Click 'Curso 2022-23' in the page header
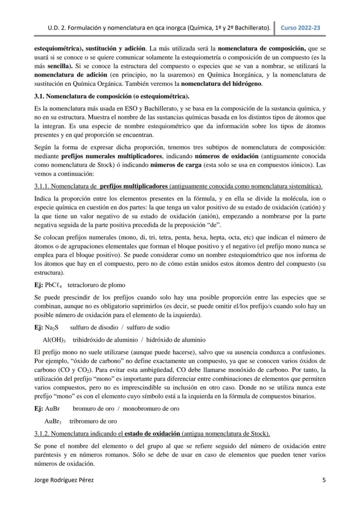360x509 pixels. pos(300,27)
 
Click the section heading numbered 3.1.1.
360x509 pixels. pos(178,186)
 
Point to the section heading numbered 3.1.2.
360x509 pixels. pos(152,433)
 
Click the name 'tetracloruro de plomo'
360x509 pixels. pos(97,285)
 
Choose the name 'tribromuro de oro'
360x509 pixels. pos(93,421)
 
